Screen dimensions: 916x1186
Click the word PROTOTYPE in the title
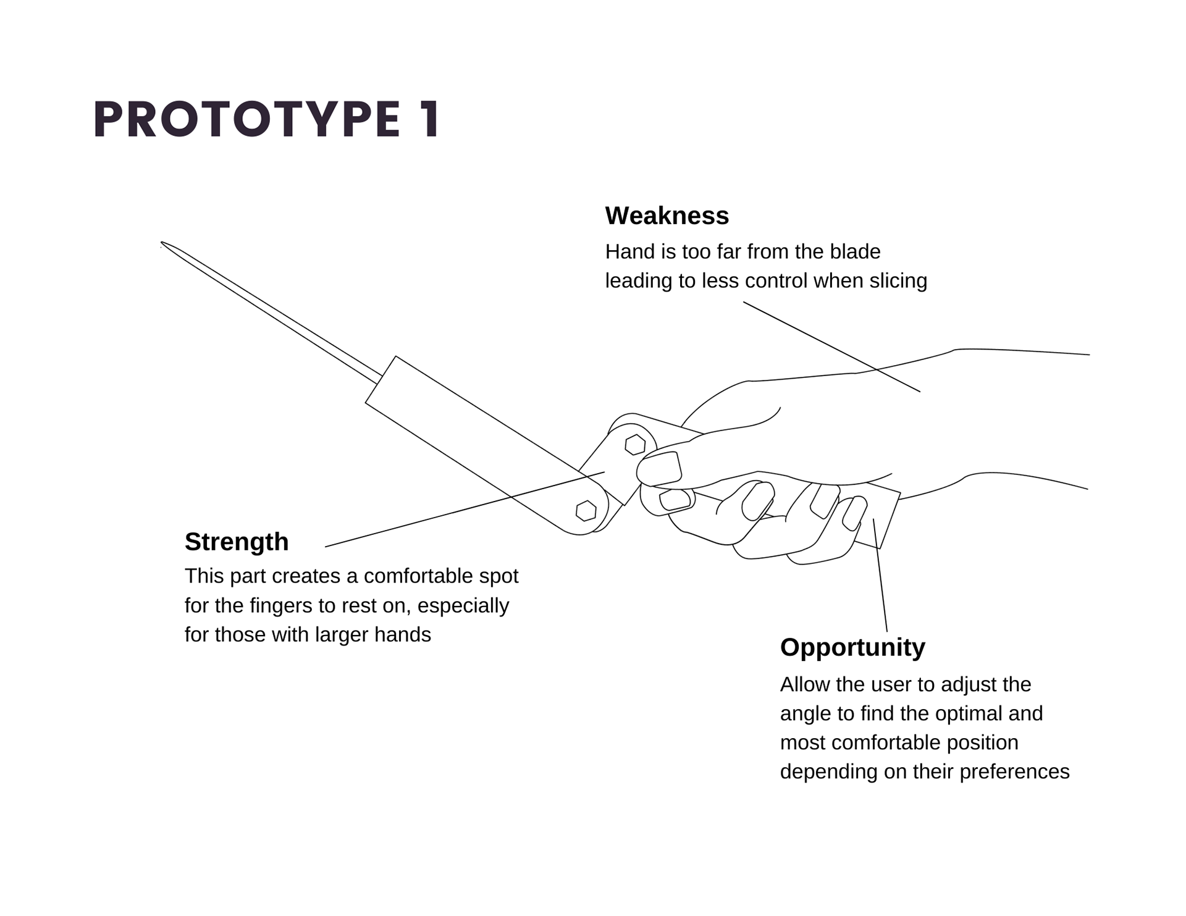point(247,119)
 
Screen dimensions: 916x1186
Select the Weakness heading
point(667,216)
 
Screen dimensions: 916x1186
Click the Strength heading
point(237,542)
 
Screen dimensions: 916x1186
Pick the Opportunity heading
point(852,647)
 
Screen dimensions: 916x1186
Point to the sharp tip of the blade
point(163,243)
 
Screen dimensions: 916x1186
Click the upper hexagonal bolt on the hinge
point(635,445)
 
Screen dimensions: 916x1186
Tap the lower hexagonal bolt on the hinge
point(586,511)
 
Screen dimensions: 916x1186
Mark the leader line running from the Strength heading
point(463,510)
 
